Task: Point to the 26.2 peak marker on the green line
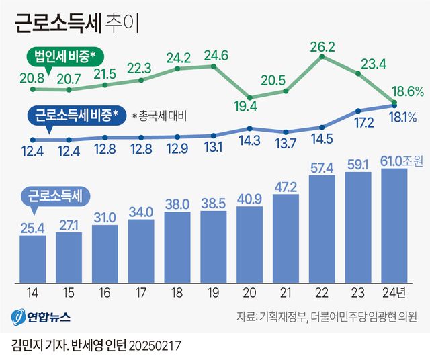coord(322,57)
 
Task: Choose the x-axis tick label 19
coord(213,291)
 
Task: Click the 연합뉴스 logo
coord(40,316)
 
